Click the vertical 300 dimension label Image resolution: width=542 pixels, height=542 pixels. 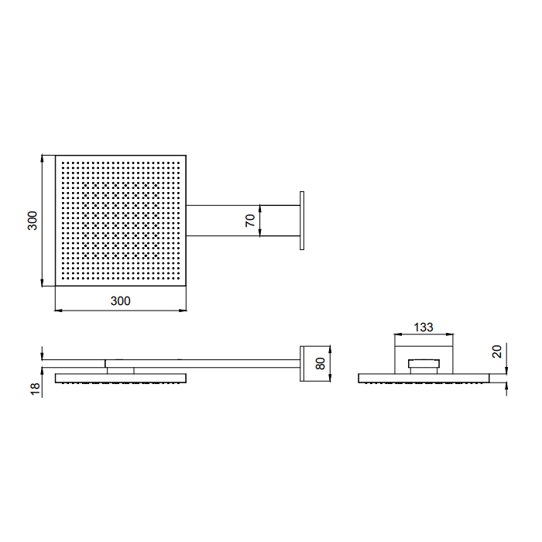tap(33, 221)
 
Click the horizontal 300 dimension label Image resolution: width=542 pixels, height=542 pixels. tap(120, 301)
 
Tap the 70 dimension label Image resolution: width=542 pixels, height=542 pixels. tap(250, 221)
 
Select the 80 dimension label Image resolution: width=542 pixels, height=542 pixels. tap(321, 364)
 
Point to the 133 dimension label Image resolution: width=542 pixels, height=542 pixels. tap(423, 327)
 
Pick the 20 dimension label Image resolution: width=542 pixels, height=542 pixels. tap(497, 352)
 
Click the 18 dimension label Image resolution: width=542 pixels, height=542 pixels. tap(36, 389)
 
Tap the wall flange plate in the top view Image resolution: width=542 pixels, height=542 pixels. tap(302, 221)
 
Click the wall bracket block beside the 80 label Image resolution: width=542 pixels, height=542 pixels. tap(302, 364)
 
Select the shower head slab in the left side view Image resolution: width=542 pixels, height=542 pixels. tap(121, 378)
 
